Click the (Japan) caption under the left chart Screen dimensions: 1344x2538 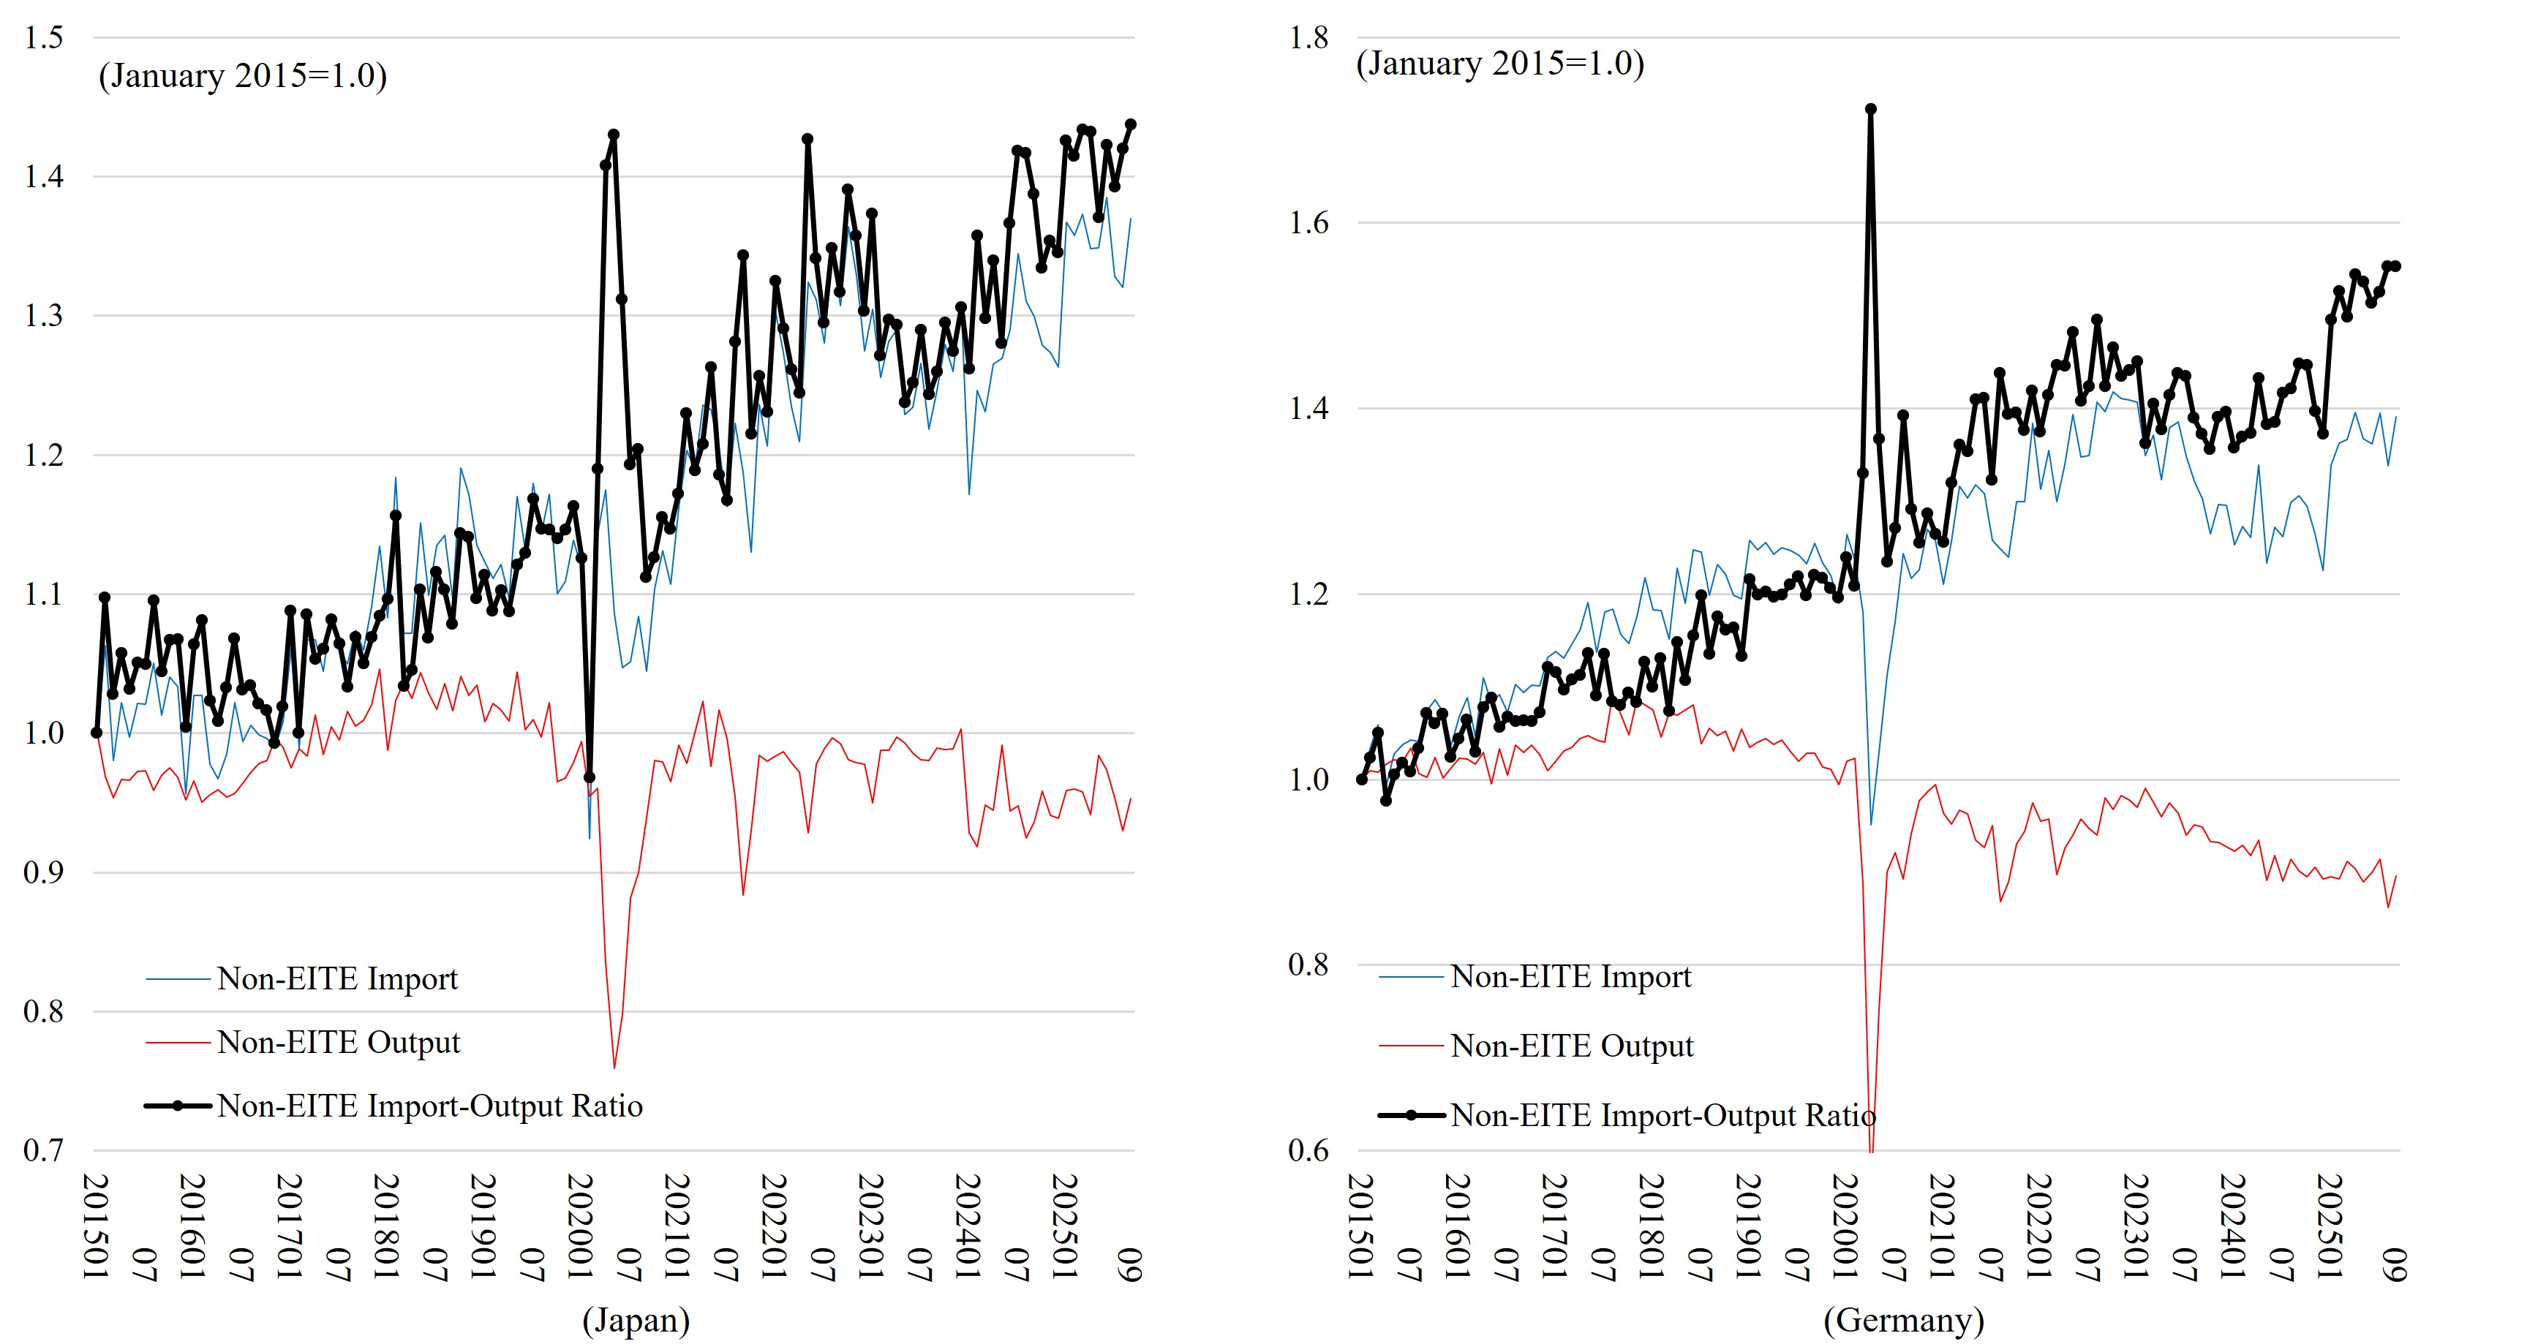636,1319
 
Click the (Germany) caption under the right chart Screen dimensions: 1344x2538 1903,1319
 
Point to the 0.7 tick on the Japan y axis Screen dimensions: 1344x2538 43,1150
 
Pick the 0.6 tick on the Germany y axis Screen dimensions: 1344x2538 1308,1150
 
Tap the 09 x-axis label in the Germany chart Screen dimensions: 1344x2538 2396,1264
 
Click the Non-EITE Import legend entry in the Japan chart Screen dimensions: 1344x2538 337,978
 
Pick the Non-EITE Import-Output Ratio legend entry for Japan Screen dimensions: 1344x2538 429,1106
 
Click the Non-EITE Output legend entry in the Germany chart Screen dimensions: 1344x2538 1572,1046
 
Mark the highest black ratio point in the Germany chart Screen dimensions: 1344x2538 1870,110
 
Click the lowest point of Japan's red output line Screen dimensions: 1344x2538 614,1067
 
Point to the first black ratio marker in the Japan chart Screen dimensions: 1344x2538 97,732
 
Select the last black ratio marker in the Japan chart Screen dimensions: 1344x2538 1130,124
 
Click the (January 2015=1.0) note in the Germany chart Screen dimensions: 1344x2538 1499,63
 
